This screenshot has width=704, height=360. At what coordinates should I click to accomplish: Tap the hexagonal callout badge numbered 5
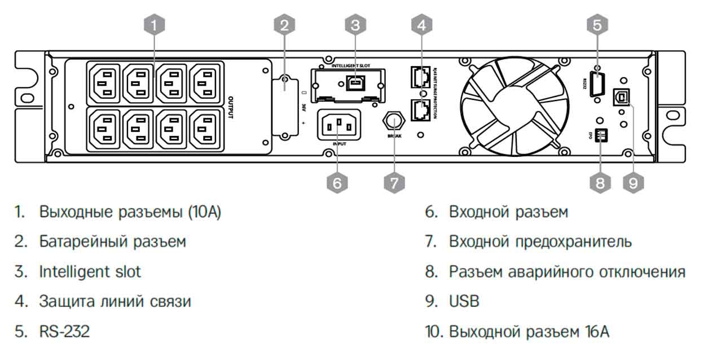[x=598, y=24]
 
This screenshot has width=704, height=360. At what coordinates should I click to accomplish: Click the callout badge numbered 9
[x=633, y=182]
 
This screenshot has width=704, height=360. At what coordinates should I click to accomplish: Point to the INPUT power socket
[x=340, y=124]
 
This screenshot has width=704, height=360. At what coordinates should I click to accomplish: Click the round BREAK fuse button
[x=394, y=121]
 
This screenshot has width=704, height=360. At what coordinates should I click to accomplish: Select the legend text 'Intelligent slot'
[x=90, y=271]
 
